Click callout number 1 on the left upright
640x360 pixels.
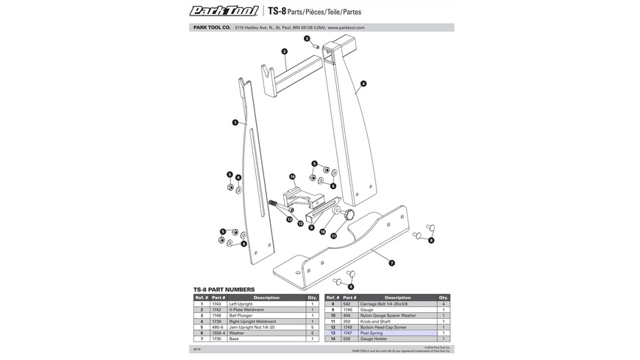[235, 122]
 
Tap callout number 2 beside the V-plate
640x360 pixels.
[284, 52]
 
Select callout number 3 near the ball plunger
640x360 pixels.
[307, 38]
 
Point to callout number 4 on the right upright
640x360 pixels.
[363, 84]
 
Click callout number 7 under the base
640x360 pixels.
[391, 263]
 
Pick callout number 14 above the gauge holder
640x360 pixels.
[292, 177]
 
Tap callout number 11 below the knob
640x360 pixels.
[333, 236]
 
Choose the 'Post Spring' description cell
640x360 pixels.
[371, 333]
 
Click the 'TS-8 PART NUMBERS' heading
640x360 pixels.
[224, 289]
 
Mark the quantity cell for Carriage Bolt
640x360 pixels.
[444, 304]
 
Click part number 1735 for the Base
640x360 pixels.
[216, 339]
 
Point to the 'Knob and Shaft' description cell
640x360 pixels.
[375, 321]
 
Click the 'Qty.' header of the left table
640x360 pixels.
[313, 297]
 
